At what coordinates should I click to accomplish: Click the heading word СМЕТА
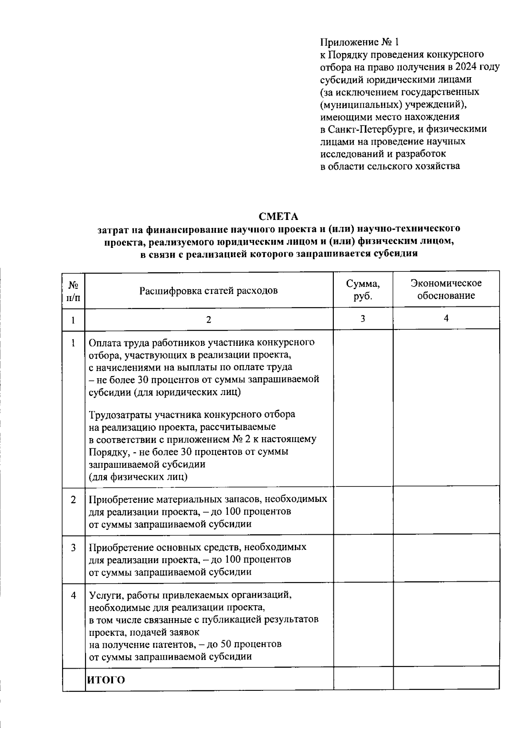pos(278,216)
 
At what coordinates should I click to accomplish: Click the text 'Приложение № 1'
pos(360,42)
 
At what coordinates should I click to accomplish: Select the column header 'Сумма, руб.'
pos(363,290)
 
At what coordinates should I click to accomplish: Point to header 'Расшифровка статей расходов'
pos(208,291)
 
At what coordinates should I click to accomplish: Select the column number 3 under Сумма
pos(363,318)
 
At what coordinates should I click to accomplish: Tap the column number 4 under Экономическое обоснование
pos(446,318)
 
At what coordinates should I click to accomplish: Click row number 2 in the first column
pos(73,500)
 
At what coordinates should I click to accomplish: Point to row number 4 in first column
pos(73,595)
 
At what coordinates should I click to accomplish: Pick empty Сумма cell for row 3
pos(363,559)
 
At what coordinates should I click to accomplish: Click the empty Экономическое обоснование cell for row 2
pos(446,511)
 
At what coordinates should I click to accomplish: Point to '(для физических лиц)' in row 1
pos(138,477)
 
